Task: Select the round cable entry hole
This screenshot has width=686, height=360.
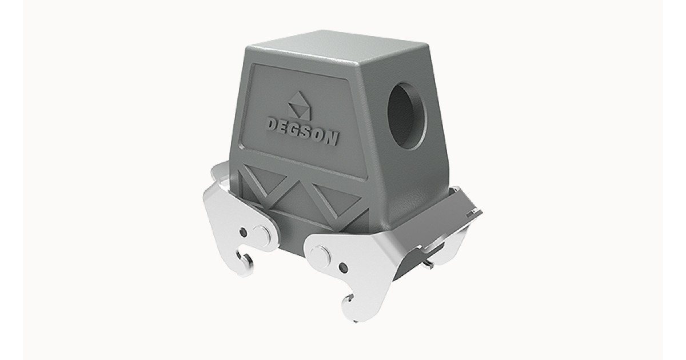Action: tap(406, 116)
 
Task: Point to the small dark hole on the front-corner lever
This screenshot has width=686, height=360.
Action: tap(342, 267)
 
